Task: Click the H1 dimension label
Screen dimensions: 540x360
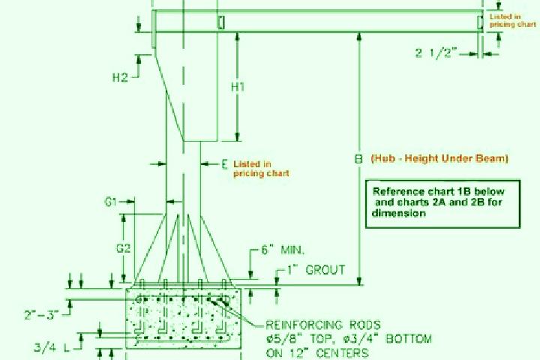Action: [238, 87]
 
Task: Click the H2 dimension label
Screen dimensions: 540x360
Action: [120, 77]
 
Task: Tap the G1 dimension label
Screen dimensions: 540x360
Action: [110, 202]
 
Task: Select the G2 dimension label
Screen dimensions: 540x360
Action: [123, 248]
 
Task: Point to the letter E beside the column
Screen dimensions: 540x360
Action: [224, 164]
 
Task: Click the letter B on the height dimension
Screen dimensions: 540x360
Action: [358, 159]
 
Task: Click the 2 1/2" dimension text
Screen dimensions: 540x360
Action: [436, 53]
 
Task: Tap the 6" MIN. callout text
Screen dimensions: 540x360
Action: [283, 250]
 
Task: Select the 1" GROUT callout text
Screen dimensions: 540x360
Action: [316, 270]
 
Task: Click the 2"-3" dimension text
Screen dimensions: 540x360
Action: [40, 315]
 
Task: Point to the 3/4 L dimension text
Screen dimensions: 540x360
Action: [52, 347]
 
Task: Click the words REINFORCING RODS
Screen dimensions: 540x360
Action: [323, 325]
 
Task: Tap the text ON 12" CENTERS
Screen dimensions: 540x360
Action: [317, 352]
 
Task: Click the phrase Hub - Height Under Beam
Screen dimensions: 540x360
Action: [439, 158]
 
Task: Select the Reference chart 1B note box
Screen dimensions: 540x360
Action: [442, 203]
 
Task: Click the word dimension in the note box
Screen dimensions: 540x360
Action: [399, 213]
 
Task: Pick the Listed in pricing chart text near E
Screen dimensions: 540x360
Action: [261, 169]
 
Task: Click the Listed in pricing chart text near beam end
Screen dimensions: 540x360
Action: [513, 20]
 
